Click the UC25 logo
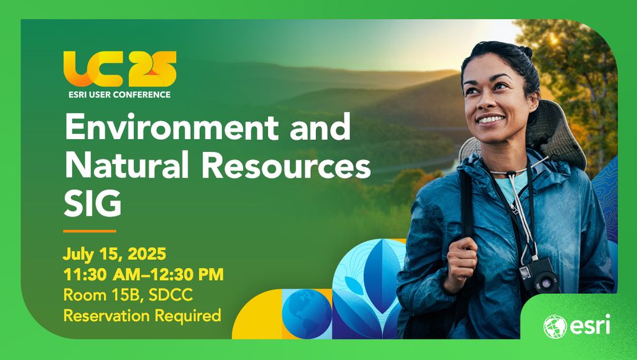pos(120,68)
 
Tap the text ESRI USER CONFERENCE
pos(119,94)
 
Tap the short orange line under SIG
pos(89,231)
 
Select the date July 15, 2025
pos(114,254)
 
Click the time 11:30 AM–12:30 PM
pos(144,274)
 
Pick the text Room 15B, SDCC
pos(128,295)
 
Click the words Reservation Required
pos(142,316)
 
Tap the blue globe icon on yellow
pos(307,313)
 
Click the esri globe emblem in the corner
pos(555,327)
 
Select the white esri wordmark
pos(590,324)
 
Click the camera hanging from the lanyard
pos(539,277)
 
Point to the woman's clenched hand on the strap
pos(461,264)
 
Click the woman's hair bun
pos(525,51)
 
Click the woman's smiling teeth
pos(490,119)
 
